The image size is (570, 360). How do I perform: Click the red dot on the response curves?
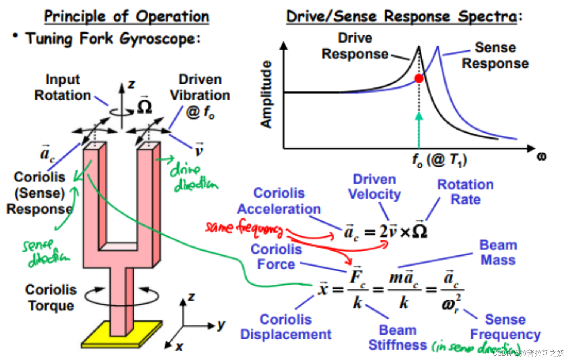419,78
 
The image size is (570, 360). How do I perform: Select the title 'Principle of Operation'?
127,17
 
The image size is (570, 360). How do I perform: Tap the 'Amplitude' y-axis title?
266,95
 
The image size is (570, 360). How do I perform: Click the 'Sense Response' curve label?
495,56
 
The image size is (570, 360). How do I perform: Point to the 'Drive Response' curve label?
355,46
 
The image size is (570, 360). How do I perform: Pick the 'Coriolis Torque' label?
51,298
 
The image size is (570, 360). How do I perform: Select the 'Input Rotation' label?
63,87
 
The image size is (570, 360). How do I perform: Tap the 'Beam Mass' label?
498,252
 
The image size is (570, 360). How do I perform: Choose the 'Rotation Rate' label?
465,192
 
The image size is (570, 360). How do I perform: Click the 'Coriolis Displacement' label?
286,327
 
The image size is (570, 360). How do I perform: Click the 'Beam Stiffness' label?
397,338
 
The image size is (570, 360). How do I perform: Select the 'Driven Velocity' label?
374,187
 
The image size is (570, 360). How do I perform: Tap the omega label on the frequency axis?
541,156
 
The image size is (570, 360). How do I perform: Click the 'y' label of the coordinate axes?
222,325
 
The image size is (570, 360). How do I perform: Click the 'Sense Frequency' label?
505,327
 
